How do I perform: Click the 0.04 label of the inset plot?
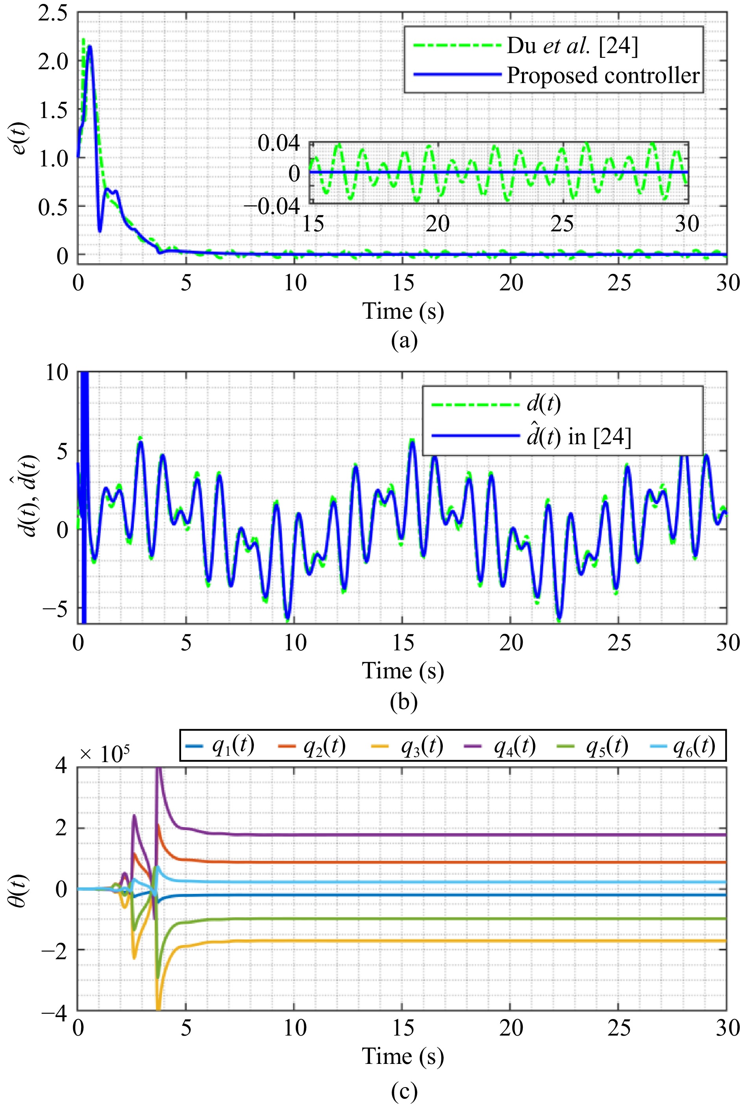pos(279,143)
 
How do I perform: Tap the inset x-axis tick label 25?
pos(562,224)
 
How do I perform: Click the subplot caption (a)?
pos(404,340)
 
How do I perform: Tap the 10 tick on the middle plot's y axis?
pos(57,372)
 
